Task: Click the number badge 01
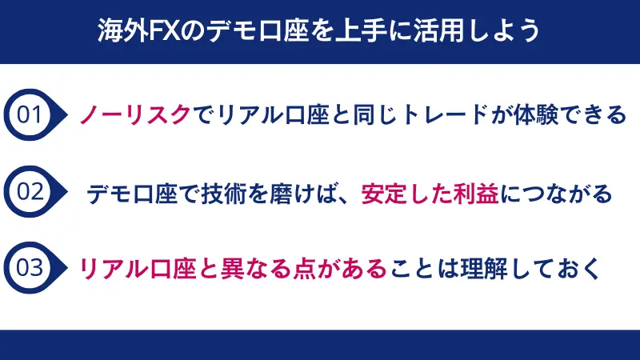point(30,115)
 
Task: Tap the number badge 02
point(30,193)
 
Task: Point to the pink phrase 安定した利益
point(430,194)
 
